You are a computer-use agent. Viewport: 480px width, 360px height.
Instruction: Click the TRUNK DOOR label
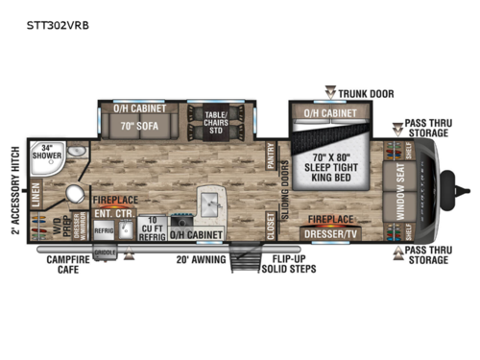pos(365,93)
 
